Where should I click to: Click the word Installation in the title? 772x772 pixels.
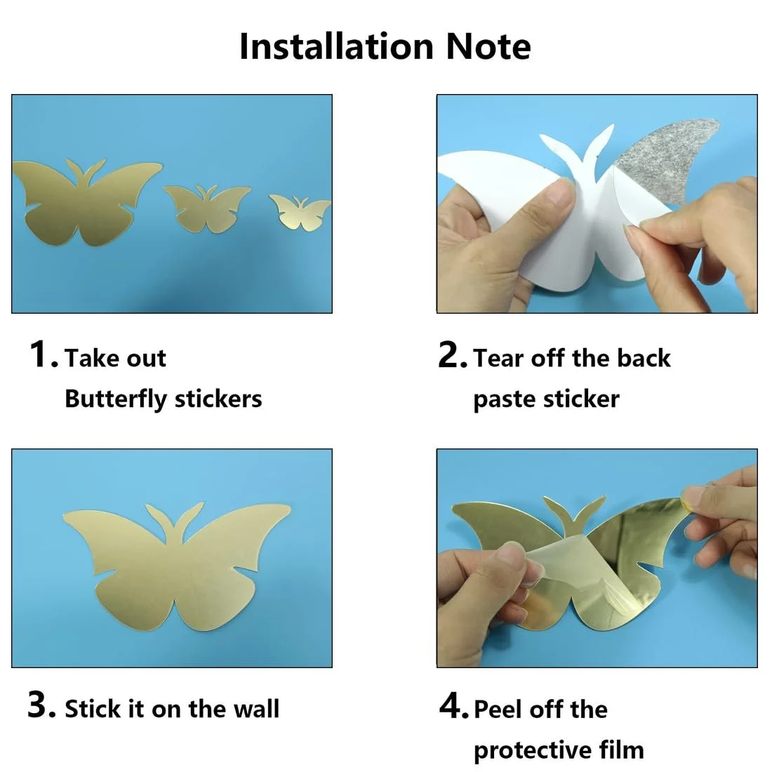click(x=336, y=47)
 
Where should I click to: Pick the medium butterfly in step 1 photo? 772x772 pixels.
click(x=207, y=208)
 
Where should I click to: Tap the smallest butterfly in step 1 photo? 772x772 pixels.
click(x=300, y=212)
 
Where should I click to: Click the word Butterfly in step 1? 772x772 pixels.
click(x=116, y=399)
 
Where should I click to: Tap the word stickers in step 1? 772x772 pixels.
click(x=218, y=399)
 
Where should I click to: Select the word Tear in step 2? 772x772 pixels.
click(x=498, y=358)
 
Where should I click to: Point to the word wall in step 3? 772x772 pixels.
click(x=256, y=709)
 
